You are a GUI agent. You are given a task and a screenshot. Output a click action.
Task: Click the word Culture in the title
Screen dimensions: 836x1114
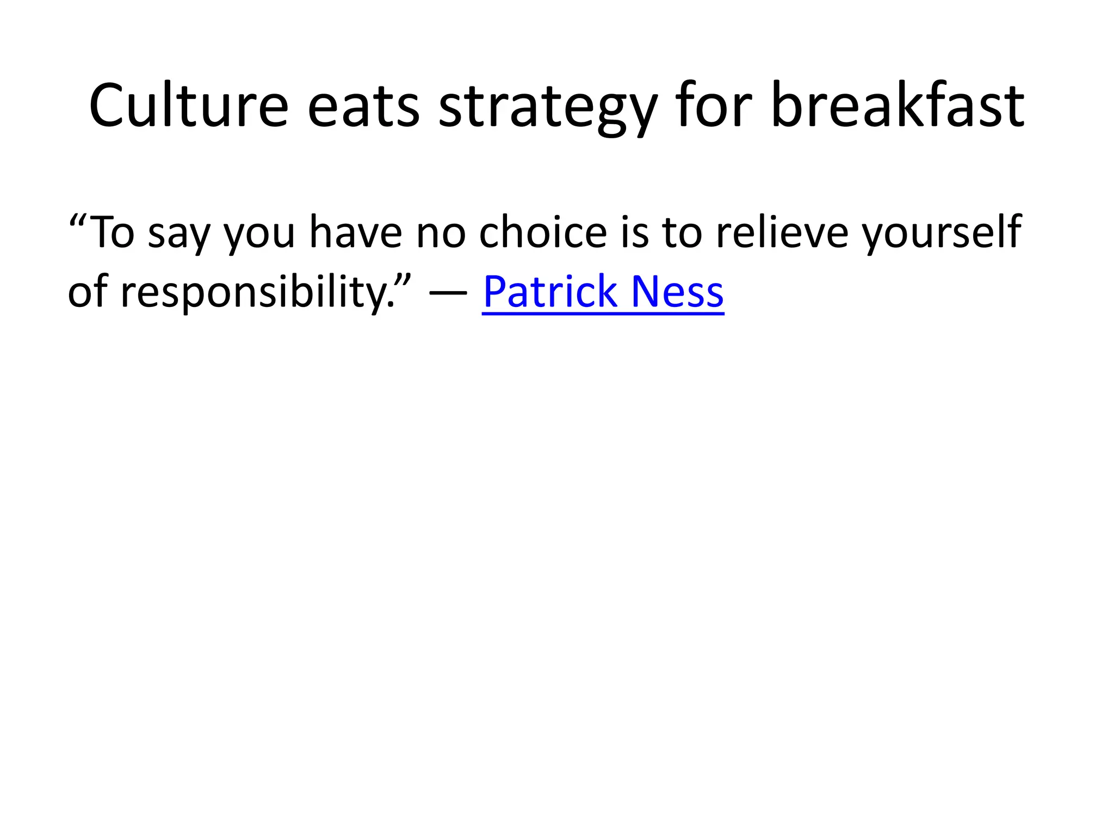[x=188, y=106]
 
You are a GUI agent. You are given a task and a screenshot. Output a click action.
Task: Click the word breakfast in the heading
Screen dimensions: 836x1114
[x=898, y=106]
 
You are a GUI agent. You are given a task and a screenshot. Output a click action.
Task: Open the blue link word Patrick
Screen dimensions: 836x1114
[x=550, y=291]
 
